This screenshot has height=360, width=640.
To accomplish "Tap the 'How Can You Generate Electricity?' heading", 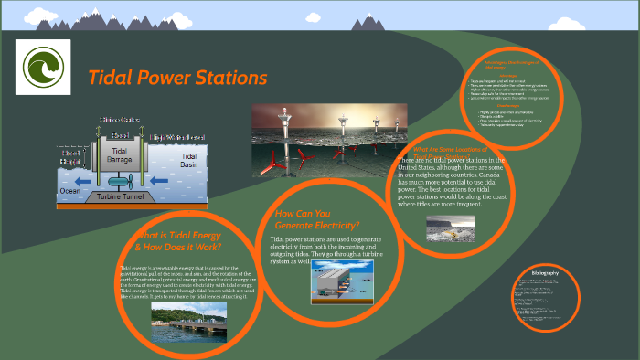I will pyautogui.click(x=316, y=219).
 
